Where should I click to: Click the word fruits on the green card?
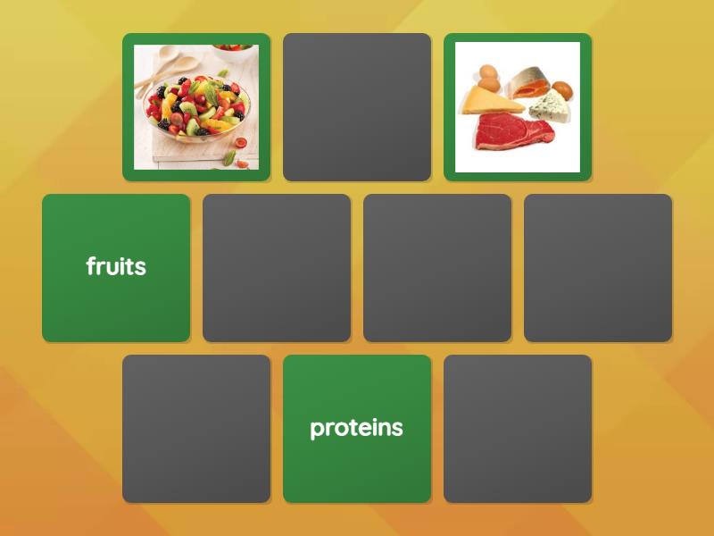point(116,266)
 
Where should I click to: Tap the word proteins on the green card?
point(356,428)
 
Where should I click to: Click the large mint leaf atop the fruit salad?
point(211,90)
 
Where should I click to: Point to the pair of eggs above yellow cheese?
point(487,74)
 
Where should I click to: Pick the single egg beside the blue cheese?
point(563,90)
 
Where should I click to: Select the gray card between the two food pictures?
point(357,107)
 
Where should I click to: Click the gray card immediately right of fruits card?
point(277,268)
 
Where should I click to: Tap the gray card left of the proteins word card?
point(196,429)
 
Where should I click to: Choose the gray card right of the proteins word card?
point(518,429)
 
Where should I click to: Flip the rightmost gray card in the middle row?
point(598,268)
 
